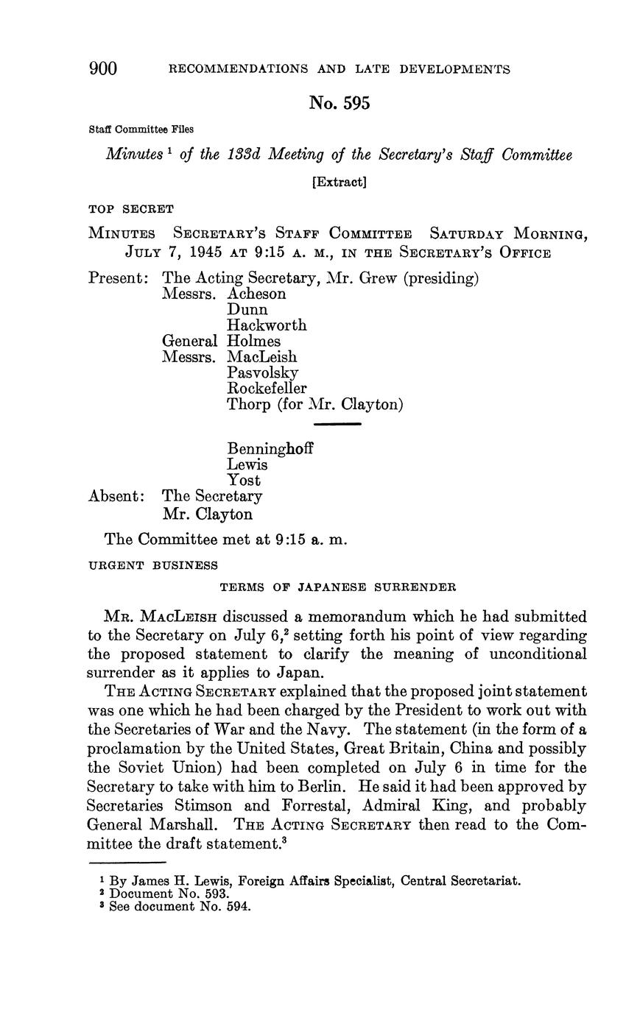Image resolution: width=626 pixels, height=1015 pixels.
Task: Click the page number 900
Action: click(x=103, y=69)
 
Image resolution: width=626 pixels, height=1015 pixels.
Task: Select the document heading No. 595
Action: click(x=339, y=104)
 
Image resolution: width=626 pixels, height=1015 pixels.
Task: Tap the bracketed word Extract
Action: click(x=339, y=182)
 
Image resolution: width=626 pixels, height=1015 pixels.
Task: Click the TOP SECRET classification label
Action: click(x=131, y=209)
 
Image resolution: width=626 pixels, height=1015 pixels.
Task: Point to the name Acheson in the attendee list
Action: click(x=256, y=294)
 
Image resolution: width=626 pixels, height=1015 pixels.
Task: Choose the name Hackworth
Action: click(x=267, y=325)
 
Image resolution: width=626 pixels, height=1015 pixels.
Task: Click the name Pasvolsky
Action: click(x=263, y=372)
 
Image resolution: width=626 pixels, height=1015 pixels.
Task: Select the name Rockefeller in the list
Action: click(x=267, y=388)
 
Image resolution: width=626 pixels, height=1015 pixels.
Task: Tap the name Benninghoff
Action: click(x=270, y=449)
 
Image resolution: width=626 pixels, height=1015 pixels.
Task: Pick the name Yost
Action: click(x=244, y=481)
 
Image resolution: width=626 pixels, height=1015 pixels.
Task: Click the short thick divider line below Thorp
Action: click(x=337, y=424)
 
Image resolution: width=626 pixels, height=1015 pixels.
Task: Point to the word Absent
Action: click(x=116, y=496)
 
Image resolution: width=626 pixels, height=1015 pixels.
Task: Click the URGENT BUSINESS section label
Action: click(x=152, y=565)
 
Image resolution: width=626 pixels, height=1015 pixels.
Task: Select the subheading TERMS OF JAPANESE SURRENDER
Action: click(x=338, y=587)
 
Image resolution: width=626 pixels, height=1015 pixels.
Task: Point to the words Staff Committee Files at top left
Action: click(x=141, y=130)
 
